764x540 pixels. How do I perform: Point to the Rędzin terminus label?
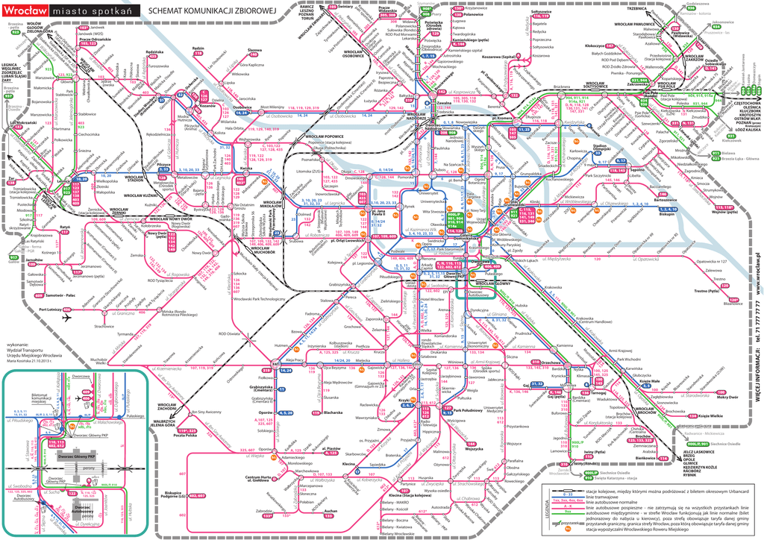tap(198, 48)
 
